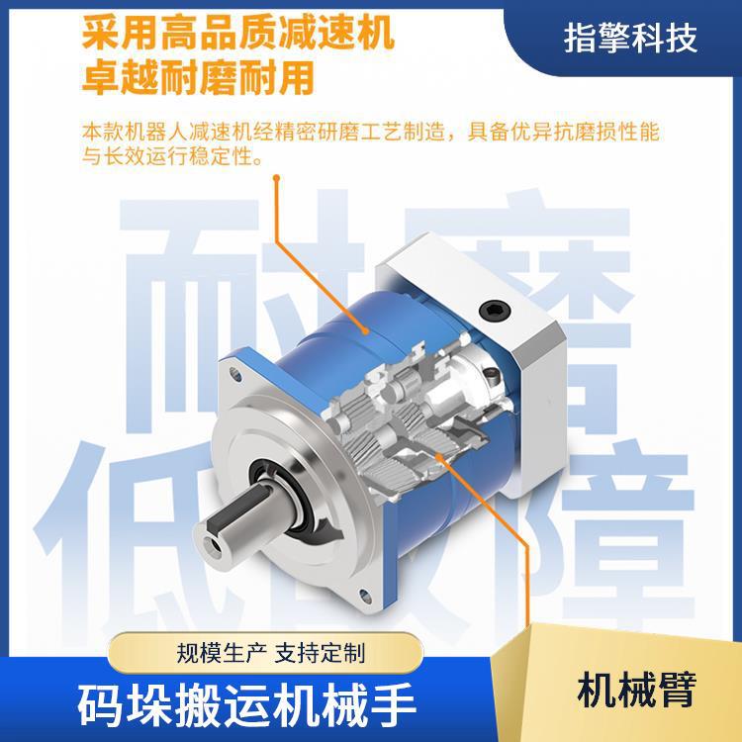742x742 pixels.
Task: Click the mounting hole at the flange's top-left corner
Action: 236,373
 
